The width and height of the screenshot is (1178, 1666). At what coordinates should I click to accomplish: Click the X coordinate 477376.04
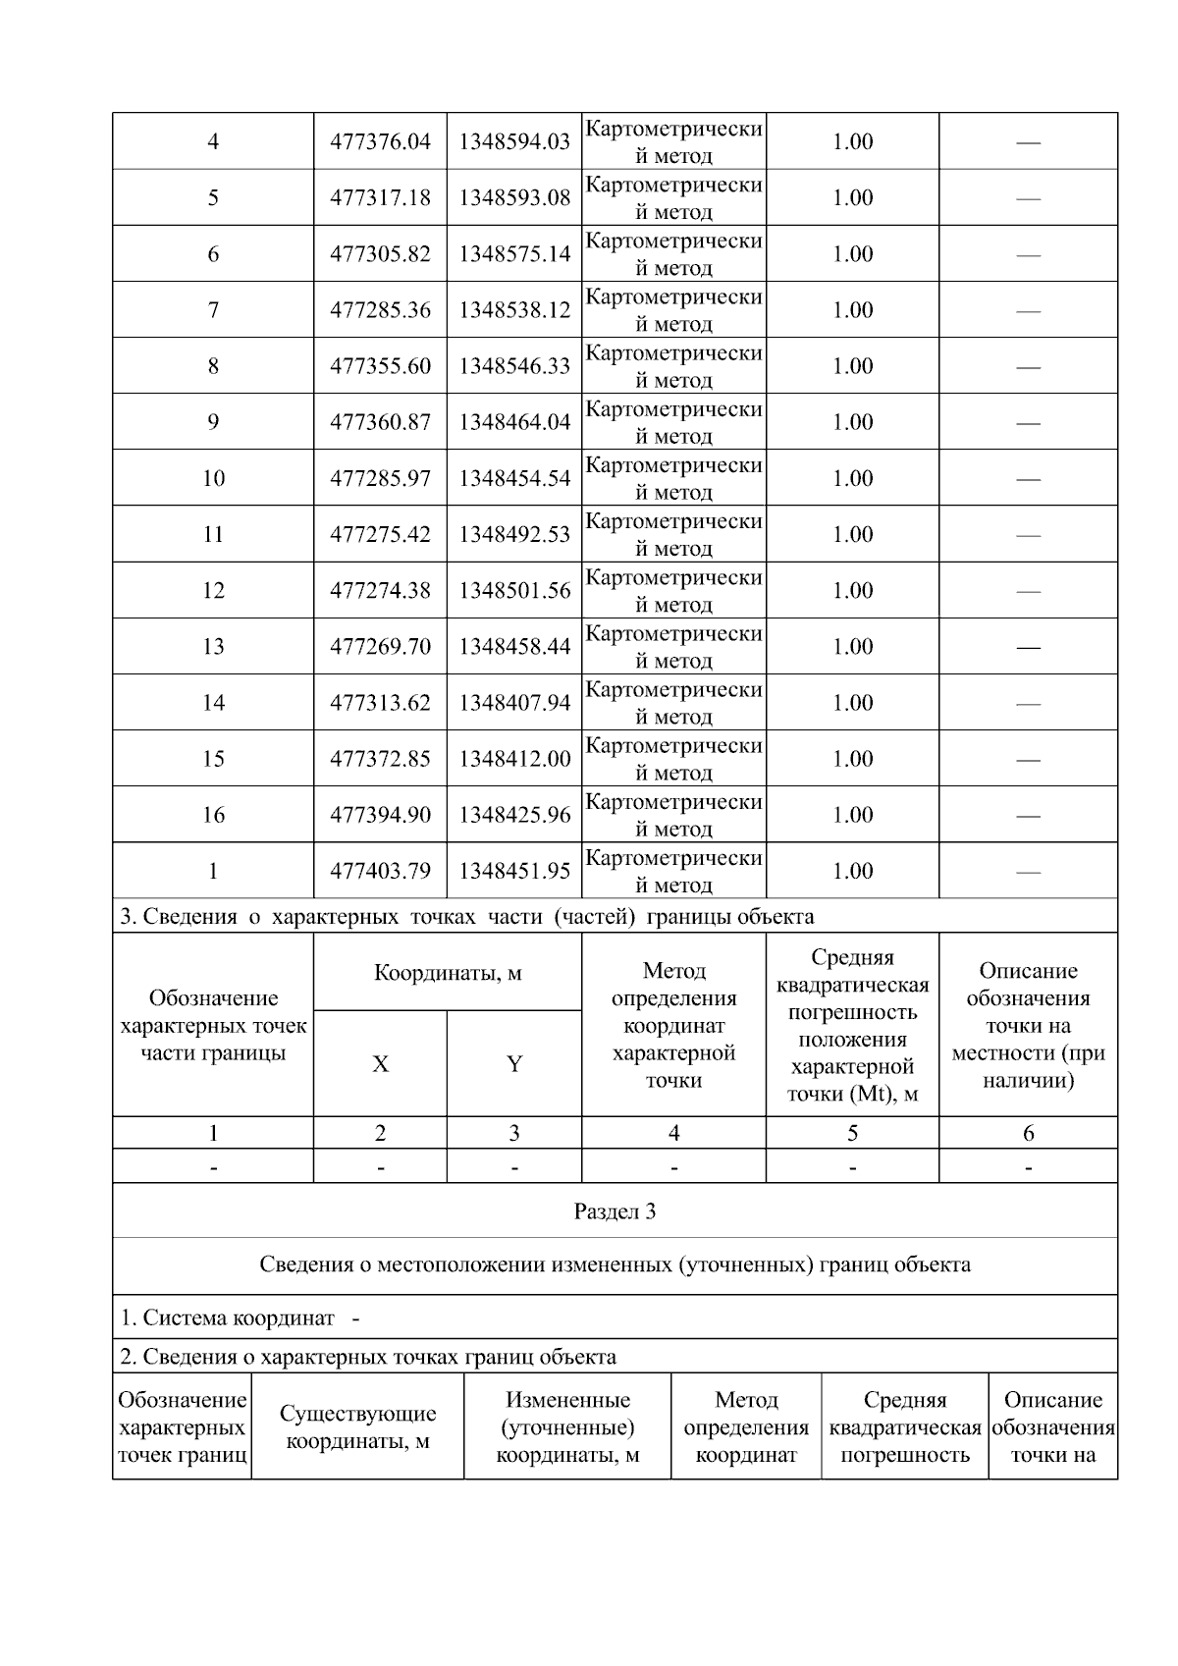380,141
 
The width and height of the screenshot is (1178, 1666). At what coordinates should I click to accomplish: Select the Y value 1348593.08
514,197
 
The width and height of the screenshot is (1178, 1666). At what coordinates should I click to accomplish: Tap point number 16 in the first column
213,815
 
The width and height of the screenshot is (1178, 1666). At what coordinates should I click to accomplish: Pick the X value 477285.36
380,310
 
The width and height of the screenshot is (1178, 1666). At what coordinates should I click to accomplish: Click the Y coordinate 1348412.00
514,759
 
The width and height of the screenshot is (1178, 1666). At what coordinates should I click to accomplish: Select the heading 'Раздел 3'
615,1211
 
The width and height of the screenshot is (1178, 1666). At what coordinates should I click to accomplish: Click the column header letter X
380,1064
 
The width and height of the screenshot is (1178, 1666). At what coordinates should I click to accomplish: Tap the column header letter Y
514,1064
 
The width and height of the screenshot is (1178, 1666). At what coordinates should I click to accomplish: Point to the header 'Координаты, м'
448,973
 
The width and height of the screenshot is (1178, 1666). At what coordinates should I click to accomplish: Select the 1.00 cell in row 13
852,646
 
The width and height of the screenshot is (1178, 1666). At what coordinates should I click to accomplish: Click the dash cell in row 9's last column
1028,423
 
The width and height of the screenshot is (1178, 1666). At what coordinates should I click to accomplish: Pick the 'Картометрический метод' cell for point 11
673,534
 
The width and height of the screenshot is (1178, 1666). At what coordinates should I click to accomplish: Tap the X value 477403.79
380,871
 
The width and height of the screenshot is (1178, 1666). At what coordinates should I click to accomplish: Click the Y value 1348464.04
514,422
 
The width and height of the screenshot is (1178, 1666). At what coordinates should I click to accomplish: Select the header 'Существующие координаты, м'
357,1427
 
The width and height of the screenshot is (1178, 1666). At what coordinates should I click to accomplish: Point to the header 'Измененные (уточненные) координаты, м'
567,1427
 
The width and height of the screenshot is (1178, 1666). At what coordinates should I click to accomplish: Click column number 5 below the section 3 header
852,1133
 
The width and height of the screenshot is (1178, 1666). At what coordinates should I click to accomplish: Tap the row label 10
213,478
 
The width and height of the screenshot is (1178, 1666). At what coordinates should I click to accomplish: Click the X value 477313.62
380,703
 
